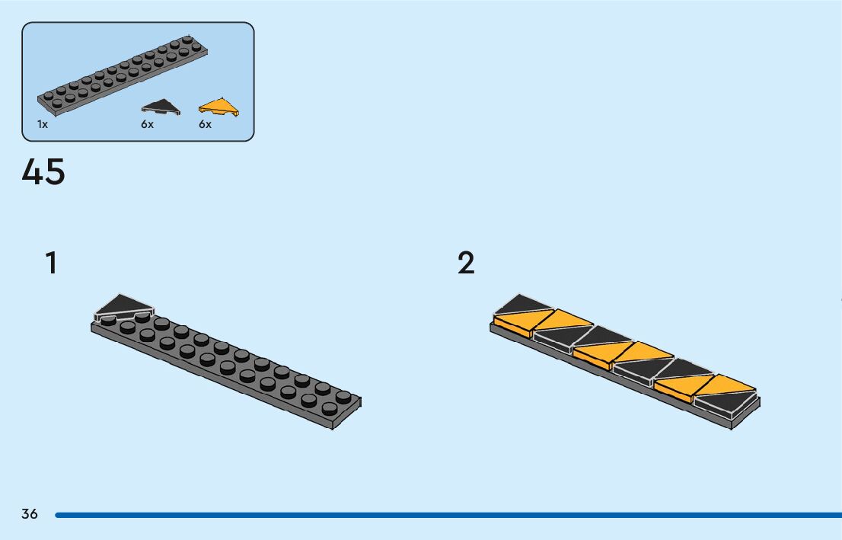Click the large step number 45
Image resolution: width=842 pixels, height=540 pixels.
43,172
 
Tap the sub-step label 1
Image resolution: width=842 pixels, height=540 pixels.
50,263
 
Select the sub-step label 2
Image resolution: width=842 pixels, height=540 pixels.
466,263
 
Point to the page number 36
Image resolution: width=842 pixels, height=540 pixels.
30,514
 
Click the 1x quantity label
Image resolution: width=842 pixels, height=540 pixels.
43,124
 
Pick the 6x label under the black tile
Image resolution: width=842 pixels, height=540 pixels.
147,124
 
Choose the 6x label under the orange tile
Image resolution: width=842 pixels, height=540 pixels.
206,124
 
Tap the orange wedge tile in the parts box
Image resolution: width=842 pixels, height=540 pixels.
220,107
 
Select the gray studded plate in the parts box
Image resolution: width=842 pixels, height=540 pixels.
122,72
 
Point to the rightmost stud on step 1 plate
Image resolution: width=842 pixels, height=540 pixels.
343,397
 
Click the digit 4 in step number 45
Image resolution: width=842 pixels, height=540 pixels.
33,172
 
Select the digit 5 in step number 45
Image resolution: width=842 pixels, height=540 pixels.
55,172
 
